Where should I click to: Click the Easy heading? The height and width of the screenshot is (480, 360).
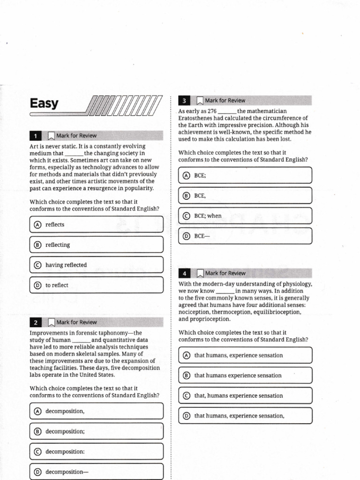coord(44,103)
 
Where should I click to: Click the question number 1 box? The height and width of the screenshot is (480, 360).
coord(35,136)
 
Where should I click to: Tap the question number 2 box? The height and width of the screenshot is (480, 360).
coord(35,322)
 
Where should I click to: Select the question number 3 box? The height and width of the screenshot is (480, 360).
coord(184,100)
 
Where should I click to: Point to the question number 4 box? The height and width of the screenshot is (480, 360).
coord(184,273)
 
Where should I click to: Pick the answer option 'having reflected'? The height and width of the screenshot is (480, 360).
coord(66,265)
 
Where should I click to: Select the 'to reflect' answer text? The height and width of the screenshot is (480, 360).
coord(57,285)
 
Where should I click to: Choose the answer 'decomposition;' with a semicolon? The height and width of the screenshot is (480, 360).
coord(65,431)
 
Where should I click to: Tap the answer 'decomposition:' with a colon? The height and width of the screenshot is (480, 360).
coord(65,451)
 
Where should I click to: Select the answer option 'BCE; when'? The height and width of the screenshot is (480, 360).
coord(208,216)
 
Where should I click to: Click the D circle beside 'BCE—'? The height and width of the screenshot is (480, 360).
coord(187,236)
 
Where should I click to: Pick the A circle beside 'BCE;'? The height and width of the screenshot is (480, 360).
coord(187,175)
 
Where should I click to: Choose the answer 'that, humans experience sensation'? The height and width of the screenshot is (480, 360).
coord(239,396)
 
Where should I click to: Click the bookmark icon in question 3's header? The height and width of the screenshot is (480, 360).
coord(200,100)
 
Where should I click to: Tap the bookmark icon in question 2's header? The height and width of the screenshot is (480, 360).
coord(51,322)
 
